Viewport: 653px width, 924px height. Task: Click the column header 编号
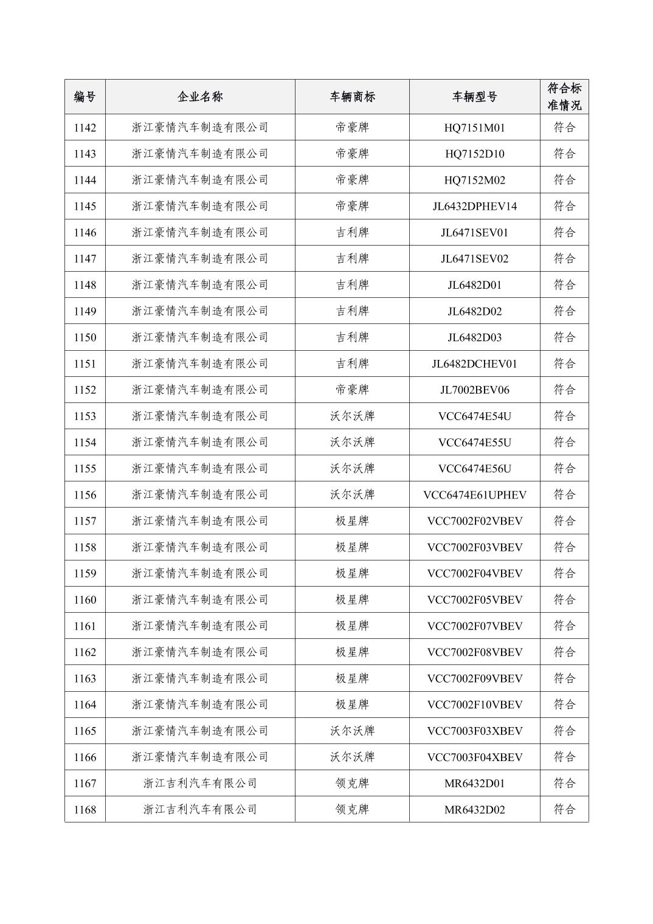[85, 97]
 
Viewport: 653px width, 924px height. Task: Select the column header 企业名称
[200, 97]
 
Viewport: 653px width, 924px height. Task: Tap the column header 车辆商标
[352, 97]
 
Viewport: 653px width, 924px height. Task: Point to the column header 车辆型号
[474, 97]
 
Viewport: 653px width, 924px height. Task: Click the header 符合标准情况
[564, 97]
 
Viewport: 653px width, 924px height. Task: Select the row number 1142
[85, 128]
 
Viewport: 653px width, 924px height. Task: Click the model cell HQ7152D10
[474, 154]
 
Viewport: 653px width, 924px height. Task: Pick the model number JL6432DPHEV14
[474, 206]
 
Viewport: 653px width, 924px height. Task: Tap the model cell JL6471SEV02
[474, 259]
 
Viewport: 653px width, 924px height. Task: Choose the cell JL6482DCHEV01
[474, 364]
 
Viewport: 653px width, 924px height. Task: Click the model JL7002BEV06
[474, 390]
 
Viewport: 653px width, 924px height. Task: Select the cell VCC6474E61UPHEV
[474, 495]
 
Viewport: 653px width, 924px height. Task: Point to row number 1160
[85, 600]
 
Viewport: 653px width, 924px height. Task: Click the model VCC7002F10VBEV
[474, 705]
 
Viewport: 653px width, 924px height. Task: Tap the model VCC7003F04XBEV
[474, 757]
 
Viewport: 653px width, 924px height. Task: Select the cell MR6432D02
[474, 810]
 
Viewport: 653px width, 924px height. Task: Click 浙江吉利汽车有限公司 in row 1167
[200, 784]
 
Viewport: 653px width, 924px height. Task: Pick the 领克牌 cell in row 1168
[352, 810]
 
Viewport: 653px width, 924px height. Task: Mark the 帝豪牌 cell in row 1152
[352, 390]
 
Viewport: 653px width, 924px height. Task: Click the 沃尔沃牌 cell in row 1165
[352, 731]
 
